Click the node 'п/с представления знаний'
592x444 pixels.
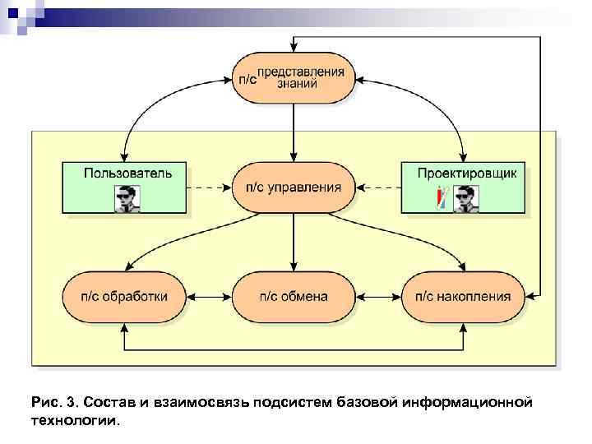(x=294, y=77)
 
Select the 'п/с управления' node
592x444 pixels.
(x=294, y=187)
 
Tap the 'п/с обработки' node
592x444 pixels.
(x=123, y=296)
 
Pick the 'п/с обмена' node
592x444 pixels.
(x=294, y=296)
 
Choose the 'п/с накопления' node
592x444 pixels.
(x=463, y=296)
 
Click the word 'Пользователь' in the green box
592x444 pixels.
(x=128, y=173)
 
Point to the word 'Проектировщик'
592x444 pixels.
(x=466, y=173)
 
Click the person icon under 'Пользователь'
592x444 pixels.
(x=127, y=198)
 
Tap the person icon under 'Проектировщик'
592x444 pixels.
(x=466, y=198)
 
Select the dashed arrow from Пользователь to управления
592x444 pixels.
(x=209, y=187)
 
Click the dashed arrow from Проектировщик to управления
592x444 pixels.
(x=378, y=187)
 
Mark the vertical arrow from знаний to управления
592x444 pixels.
(x=294, y=132)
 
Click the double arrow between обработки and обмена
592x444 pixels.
(x=209, y=296)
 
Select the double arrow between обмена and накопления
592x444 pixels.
(x=378, y=296)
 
